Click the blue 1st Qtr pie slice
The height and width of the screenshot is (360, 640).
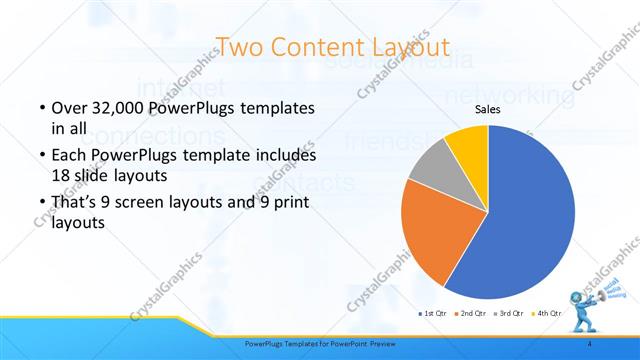pos(530,215)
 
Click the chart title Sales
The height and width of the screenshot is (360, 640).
pos(487,109)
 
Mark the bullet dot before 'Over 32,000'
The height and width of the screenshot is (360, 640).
pos(41,108)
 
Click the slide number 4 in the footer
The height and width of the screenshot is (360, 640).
pos(590,343)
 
